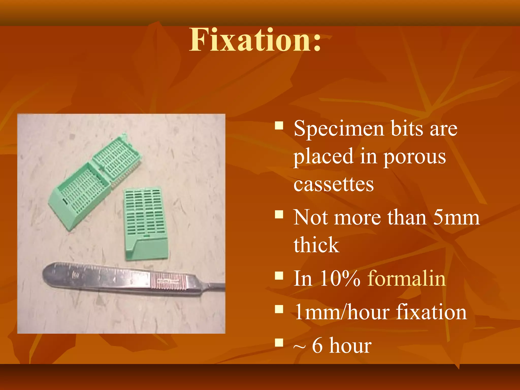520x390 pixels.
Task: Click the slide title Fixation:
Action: (255, 40)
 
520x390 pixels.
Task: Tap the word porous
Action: (414, 157)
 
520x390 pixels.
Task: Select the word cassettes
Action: (333, 185)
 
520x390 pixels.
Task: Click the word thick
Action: (316, 245)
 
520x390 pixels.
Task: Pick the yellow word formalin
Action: (407, 279)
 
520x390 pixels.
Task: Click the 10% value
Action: (339, 279)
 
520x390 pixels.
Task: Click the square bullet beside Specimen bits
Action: (279, 126)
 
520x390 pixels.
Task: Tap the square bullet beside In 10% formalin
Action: (279, 276)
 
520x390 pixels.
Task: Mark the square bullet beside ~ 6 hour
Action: (279, 343)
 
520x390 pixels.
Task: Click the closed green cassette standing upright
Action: (145, 218)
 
